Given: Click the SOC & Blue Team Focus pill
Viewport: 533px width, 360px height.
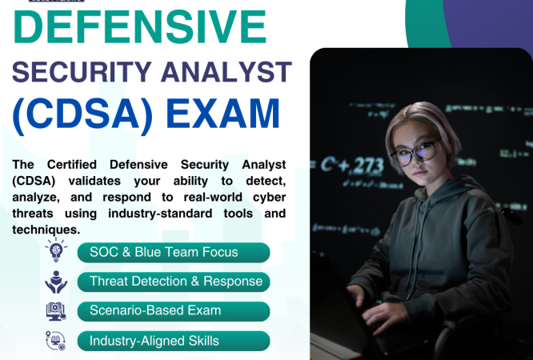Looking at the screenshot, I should tap(174, 253).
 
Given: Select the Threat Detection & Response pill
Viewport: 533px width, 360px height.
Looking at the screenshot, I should tap(174, 282).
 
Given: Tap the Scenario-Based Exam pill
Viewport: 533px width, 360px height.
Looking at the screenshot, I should tap(174, 310).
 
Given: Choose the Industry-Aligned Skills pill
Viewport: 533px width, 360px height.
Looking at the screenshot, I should tap(174, 341).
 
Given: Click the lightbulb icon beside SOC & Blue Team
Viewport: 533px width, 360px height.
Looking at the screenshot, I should tap(56, 251).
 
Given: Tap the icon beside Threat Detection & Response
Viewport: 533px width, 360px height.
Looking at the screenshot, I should tap(56, 282).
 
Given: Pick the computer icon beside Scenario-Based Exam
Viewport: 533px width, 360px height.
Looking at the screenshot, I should tap(56, 310).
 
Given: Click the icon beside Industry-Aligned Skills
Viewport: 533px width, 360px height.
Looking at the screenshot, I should tap(56, 341).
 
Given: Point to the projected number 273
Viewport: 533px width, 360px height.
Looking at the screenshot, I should tap(367, 166).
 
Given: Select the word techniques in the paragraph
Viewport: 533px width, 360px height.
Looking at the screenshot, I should tap(46, 229).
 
